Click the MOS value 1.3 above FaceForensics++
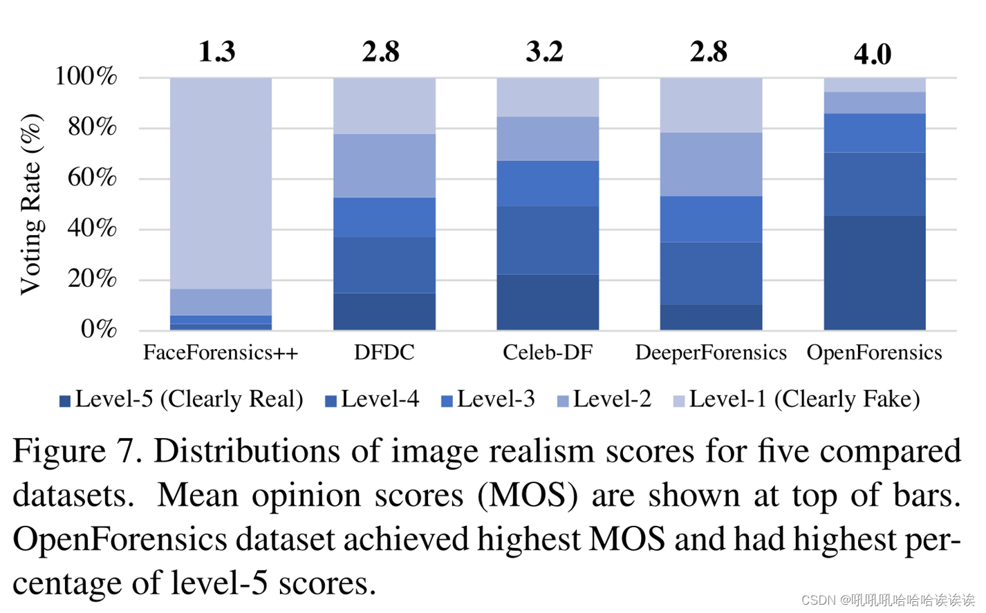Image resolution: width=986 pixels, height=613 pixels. (x=217, y=52)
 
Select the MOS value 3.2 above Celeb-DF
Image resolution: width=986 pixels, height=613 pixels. (x=545, y=52)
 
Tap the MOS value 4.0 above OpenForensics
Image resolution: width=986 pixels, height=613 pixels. (x=873, y=54)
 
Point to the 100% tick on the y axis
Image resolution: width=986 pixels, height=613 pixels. (x=86, y=76)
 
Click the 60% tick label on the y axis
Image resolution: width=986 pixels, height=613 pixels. (x=92, y=178)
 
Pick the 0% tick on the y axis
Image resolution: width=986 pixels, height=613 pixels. (x=99, y=329)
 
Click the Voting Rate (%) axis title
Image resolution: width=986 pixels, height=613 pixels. (x=31, y=204)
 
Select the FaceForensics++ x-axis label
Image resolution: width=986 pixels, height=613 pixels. (x=221, y=352)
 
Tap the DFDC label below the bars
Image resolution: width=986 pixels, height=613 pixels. (x=384, y=352)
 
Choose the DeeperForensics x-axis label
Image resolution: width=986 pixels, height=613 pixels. (x=711, y=352)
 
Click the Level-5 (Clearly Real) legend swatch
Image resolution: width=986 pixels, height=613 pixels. (x=65, y=401)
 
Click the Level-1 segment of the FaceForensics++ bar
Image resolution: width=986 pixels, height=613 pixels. (x=221, y=183)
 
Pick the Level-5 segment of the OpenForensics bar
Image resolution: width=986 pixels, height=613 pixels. (x=875, y=272)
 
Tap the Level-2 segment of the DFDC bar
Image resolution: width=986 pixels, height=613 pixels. (x=384, y=166)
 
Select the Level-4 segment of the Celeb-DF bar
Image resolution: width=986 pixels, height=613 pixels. (x=548, y=240)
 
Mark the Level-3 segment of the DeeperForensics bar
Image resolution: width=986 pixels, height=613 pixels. (x=711, y=219)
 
